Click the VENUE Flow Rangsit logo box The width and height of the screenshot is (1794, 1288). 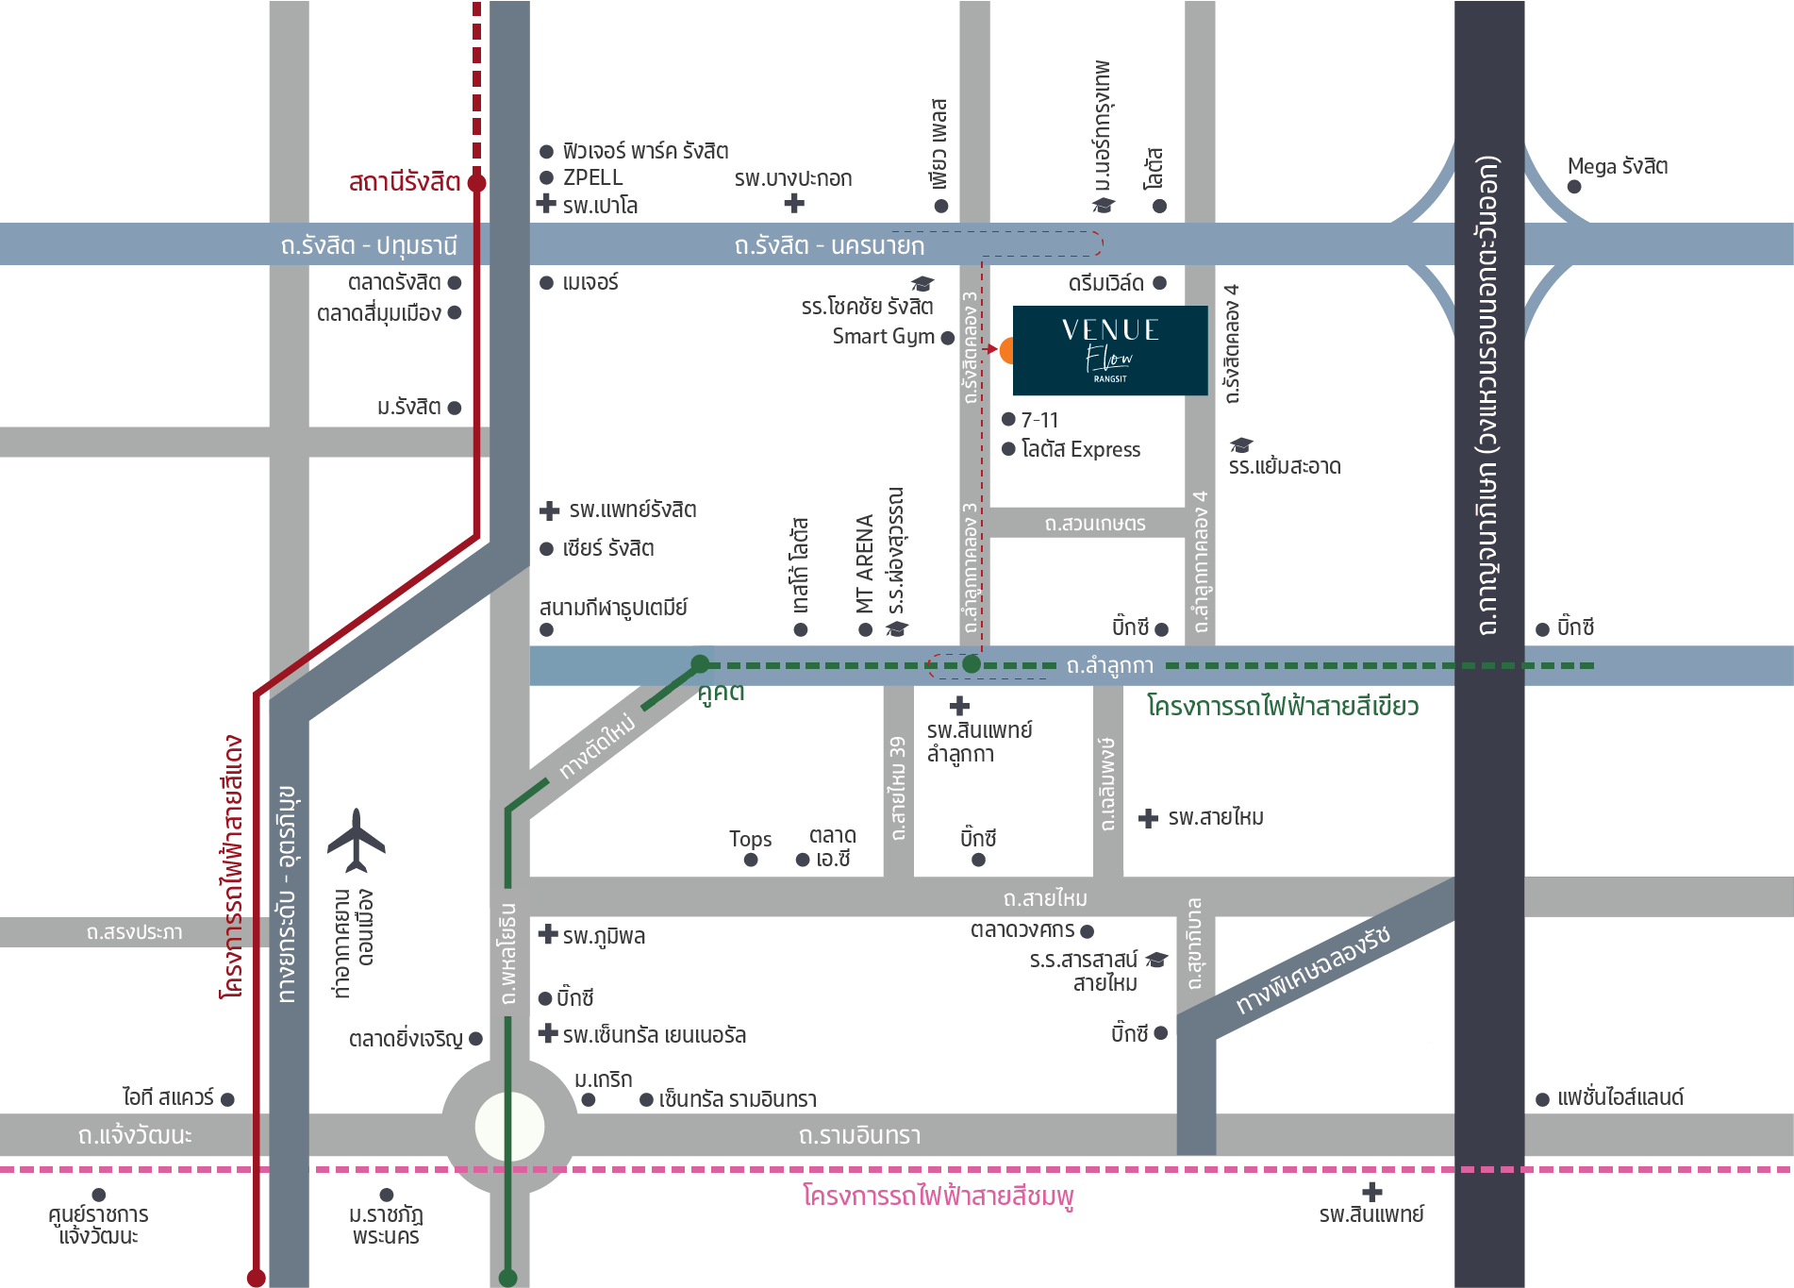click(x=1109, y=350)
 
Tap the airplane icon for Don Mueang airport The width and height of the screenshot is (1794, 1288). click(x=357, y=841)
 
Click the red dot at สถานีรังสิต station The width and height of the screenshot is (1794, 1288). click(x=477, y=183)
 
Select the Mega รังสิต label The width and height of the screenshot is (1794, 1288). click(x=1617, y=167)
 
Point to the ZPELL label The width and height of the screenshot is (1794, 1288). click(x=592, y=177)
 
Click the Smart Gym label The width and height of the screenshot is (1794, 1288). click(x=883, y=337)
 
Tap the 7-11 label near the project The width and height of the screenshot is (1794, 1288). click(x=1039, y=420)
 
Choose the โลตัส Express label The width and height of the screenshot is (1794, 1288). click(x=1081, y=449)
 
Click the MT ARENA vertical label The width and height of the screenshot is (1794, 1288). click(x=865, y=563)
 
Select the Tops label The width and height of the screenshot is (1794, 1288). click(x=750, y=839)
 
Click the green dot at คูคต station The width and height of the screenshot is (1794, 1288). click(x=700, y=664)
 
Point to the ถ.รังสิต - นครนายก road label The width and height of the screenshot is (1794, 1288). click(x=829, y=245)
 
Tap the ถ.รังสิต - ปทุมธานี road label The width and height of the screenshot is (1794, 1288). click(x=369, y=245)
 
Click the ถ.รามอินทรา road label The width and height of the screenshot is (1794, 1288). click(x=859, y=1135)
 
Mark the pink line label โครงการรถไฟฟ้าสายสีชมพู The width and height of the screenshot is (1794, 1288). click(x=939, y=1196)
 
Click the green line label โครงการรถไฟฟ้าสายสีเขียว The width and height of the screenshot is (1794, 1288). click(x=1282, y=706)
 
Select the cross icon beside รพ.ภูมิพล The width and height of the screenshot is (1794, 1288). click(x=547, y=935)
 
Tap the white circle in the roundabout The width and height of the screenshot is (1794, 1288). click(x=509, y=1128)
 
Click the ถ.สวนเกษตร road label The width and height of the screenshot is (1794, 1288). click(x=1094, y=523)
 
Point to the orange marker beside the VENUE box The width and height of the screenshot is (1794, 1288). click(x=1006, y=350)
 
